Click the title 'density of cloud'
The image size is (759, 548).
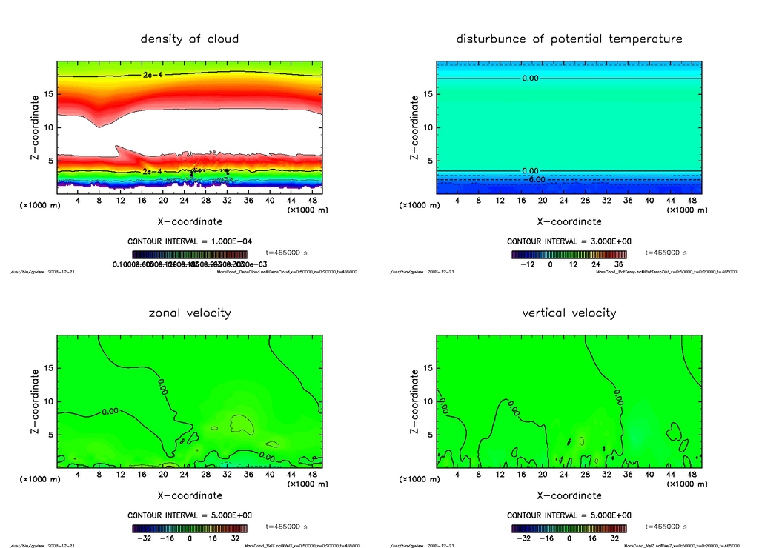click(190, 39)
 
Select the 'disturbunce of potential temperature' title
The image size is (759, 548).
click(569, 39)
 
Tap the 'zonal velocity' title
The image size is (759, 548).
click(190, 313)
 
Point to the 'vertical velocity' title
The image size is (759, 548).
click(569, 313)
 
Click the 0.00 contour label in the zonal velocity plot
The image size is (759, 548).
click(110, 411)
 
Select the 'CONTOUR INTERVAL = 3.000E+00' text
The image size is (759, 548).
click(569, 241)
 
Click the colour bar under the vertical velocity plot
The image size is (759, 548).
click(569, 529)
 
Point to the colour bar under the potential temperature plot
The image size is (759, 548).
click(569, 254)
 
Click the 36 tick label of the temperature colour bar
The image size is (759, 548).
click(617, 264)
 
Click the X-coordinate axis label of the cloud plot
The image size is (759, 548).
click(190, 221)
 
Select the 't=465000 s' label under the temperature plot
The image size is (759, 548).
click(666, 253)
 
